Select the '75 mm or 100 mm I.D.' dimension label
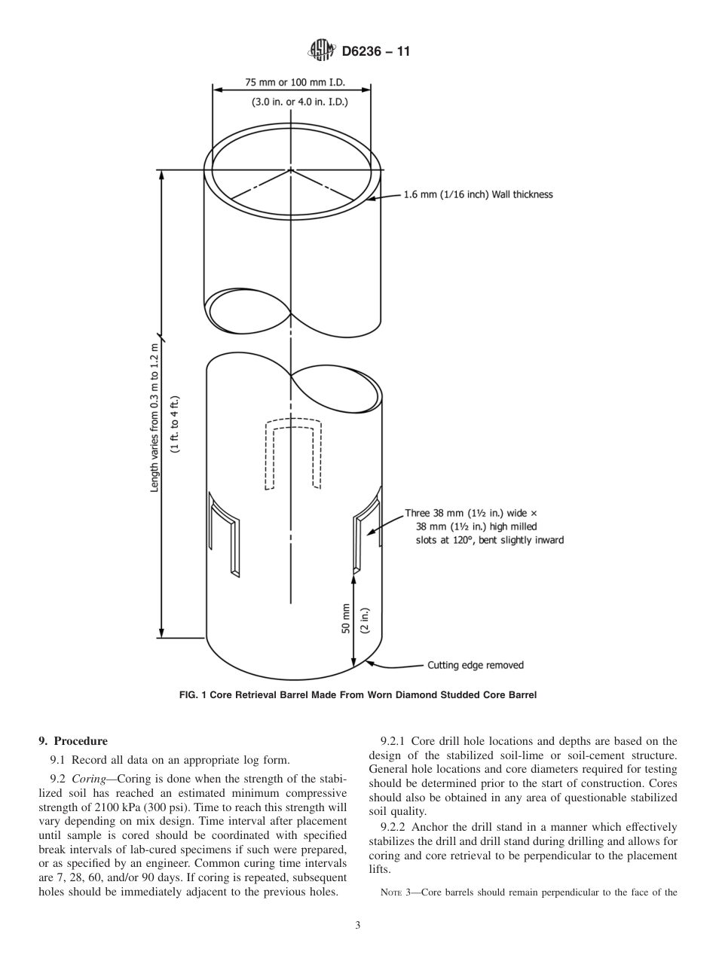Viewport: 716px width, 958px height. pyautogui.click(x=291, y=81)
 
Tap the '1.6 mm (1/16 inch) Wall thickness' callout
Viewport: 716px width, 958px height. pyautogui.click(x=478, y=194)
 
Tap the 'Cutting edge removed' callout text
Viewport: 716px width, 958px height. pyautogui.click(x=475, y=665)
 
